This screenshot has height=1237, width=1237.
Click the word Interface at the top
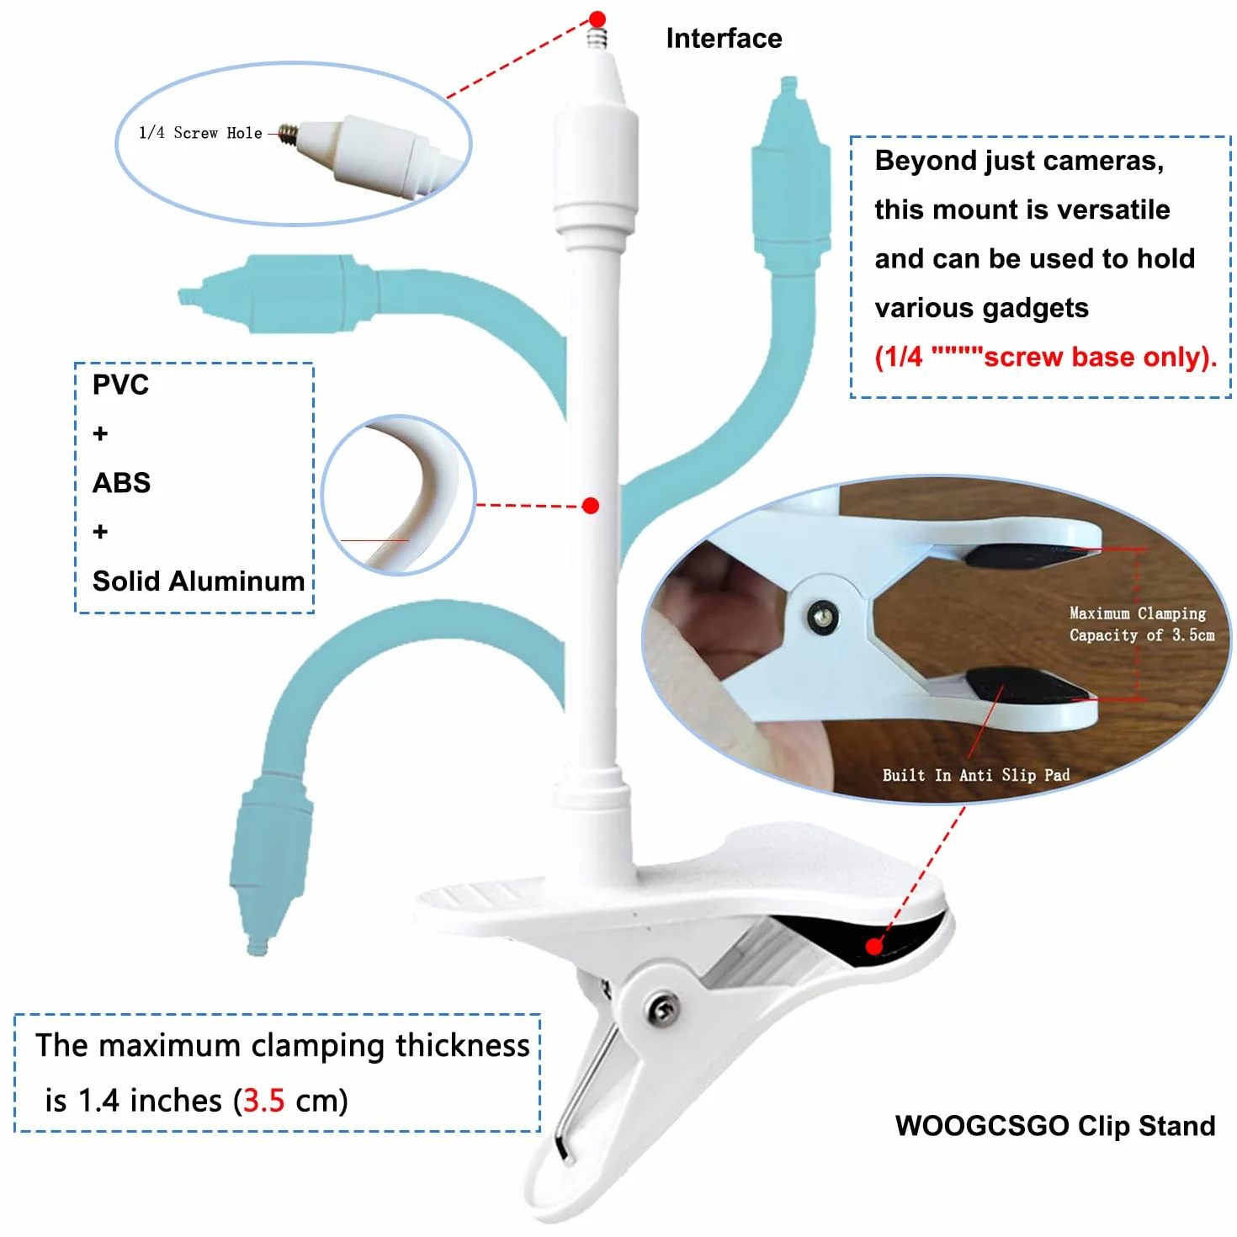tap(724, 39)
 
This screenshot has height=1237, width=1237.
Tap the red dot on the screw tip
tap(597, 19)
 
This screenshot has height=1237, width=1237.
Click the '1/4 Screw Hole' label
tap(200, 133)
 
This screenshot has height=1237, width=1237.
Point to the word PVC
tap(120, 385)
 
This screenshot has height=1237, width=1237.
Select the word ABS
tap(121, 483)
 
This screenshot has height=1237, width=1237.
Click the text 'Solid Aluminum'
tap(199, 581)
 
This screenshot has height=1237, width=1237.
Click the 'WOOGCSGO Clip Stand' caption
tap(1054, 1125)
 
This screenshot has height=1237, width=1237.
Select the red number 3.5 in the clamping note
tap(264, 1101)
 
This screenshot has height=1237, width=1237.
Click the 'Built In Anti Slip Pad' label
tap(976, 775)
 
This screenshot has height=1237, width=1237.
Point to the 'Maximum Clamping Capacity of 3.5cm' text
tap(1141, 624)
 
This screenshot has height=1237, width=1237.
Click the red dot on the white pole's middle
tap(591, 506)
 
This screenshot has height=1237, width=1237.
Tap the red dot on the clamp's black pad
tap(873, 946)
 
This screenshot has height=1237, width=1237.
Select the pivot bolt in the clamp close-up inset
tap(822, 617)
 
